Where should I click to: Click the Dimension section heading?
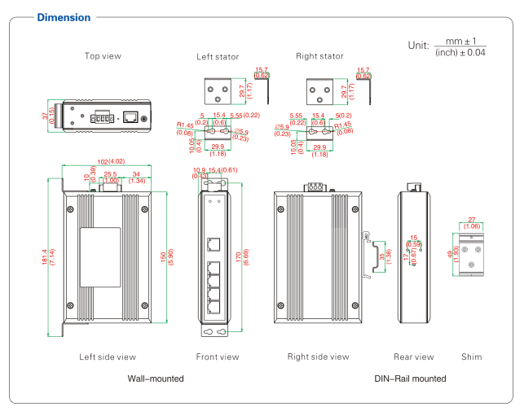tap(64, 17)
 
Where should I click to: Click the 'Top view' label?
tap(103, 56)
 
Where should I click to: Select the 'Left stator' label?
tap(216, 57)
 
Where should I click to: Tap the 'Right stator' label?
tap(319, 56)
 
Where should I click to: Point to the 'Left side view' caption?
tap(108, 357)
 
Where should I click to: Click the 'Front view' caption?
tap(218, 357)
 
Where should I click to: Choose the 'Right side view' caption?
tap(318, 357)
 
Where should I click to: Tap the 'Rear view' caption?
tap(413, 357)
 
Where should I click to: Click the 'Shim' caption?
tap(472, 357)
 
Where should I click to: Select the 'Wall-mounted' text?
tap(156, 378)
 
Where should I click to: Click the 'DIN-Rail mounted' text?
tap(410, 378)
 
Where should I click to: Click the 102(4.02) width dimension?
tap(105, 161)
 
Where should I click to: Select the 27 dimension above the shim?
tap(472, 220)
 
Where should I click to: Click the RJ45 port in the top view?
tap(130, 116)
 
